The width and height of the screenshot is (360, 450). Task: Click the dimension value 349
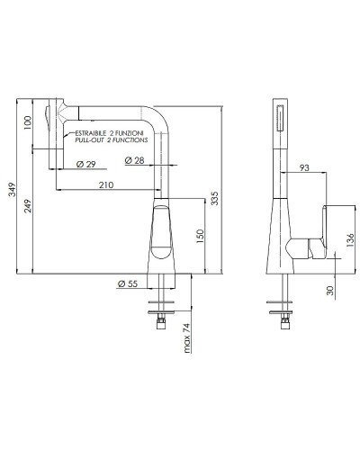[12, 188]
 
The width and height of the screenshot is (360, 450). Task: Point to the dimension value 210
[106, 185]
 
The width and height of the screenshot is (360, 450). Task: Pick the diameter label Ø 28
[134, 160]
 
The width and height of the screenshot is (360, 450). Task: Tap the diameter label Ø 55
[127, 285]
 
